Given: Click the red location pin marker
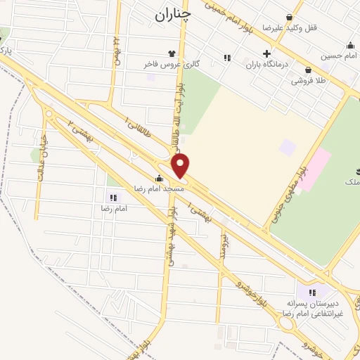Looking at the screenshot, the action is pyautogui.click(x=181, y=166).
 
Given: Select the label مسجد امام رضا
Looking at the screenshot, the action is pyautogui.click(x=160, y=188).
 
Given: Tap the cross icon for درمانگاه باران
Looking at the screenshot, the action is pyautogui.click(x=266, y=53).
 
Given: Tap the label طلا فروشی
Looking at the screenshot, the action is pyautogui.click(x=310, y=81).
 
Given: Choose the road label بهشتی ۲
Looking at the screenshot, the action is pyautogui.click(x=81, y=131).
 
